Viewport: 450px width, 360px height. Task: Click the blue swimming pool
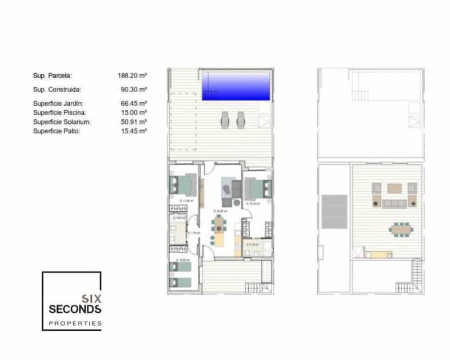236,85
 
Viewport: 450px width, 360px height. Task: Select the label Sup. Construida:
57,89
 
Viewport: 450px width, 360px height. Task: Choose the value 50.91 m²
134,121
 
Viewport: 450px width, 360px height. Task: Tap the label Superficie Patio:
57,130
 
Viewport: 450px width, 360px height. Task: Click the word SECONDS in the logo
75,309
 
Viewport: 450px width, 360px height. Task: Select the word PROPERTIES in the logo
75,323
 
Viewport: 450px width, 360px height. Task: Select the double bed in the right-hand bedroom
257,186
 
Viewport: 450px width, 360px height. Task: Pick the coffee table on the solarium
395,188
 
